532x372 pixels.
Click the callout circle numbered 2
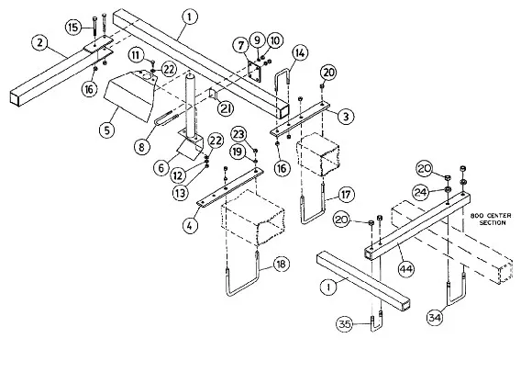40,42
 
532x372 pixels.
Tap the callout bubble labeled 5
107,130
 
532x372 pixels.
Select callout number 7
241,45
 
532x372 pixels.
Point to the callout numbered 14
300,53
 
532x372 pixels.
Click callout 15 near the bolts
73,27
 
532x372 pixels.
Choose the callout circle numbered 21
226,108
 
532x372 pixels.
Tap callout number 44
405,269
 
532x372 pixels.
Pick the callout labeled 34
435,317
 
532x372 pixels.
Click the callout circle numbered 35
344,323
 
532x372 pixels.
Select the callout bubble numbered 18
281,264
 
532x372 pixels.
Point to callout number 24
421,192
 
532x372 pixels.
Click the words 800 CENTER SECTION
491,220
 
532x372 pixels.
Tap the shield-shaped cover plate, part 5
130,96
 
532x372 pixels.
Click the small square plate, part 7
254,73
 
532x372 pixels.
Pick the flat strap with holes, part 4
230,186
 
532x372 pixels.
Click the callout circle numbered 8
141,147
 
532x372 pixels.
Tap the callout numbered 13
180,193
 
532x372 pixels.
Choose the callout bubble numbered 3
346,116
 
